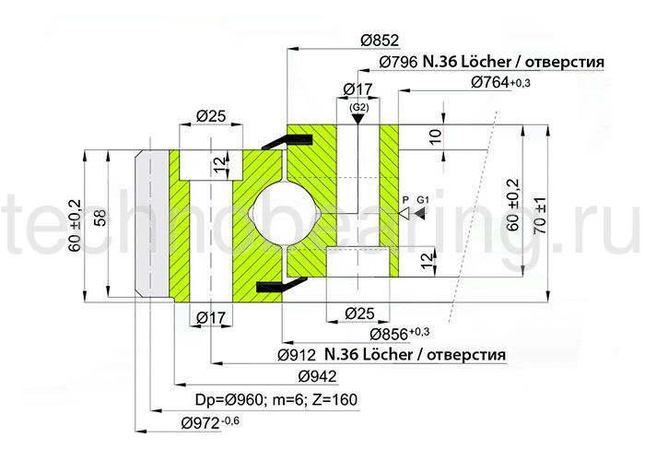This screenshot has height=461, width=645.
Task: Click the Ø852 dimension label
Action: pyautogui.click(x=379, y=41)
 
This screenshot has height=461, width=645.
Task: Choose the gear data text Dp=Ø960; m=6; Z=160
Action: pyautogui.click(x=276, y=399)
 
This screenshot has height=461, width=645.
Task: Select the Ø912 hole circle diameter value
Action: pyautogui.click(x=297, y=354)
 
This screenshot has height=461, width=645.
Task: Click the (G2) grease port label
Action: pyautogui.click(x=359, y=108)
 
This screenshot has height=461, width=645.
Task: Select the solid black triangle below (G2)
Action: pyautogui.click(x=359, y=119)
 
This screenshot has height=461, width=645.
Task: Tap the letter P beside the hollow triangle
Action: pyautogui.click(x=404, y=200)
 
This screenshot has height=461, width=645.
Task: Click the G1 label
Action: pyautogui.click(x=424, y=200)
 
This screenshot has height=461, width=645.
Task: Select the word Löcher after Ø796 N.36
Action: pyautogui.click(x=476, y=62)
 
